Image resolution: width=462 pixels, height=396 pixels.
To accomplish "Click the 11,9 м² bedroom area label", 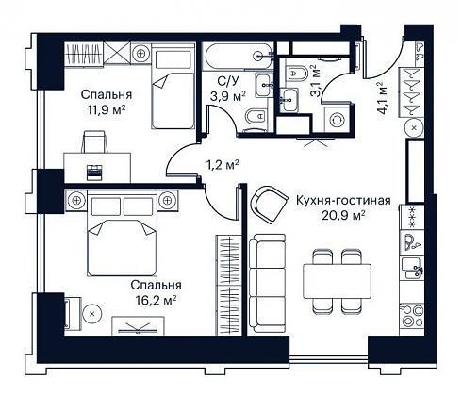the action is point(107,110).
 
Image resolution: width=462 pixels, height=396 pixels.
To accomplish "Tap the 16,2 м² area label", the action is point(156,301).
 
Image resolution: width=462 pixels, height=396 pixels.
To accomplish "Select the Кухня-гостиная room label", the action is point(343,201).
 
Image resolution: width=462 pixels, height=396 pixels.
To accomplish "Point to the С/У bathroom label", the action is point(228,81).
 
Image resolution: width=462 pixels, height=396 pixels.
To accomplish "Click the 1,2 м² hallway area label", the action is point(223,165).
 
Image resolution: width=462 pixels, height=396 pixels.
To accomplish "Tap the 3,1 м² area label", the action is point(316,81).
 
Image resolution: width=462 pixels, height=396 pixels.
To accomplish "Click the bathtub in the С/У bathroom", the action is point(238,56).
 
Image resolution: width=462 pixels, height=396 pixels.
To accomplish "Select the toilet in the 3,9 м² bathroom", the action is point(256,117).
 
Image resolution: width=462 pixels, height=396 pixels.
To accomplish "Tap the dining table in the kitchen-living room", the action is point(337,281).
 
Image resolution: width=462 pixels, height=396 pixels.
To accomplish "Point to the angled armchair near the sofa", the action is point(269,205).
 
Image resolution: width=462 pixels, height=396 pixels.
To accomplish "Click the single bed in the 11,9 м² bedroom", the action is point(173,87).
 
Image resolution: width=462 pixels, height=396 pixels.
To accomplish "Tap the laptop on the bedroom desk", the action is point(94,173).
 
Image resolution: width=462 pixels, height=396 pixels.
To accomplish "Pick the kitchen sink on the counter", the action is point(412,268).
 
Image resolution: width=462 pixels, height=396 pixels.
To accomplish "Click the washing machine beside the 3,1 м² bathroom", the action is point(338,121).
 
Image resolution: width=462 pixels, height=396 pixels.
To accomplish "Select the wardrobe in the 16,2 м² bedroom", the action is point(228,285).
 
